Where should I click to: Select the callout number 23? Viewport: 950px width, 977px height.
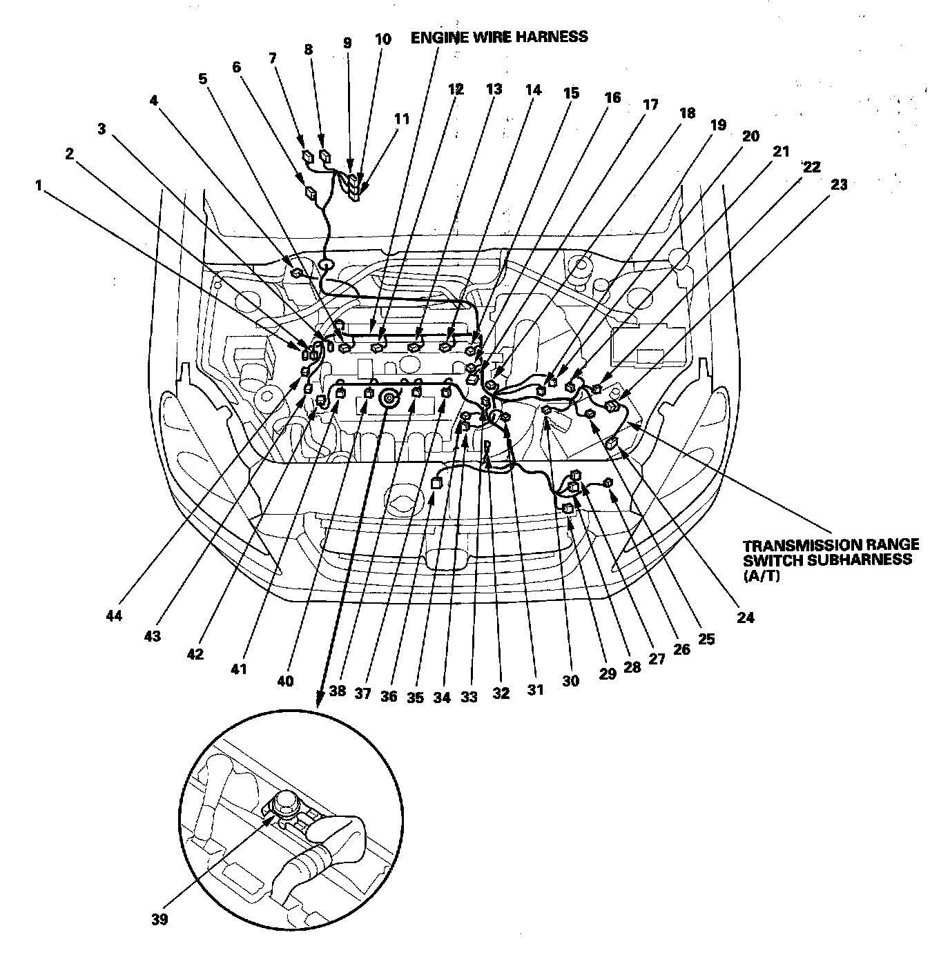tap(839, 184)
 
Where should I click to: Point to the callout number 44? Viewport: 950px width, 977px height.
tap(115, 615)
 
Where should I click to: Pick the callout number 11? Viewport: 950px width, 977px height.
tap(401, 119)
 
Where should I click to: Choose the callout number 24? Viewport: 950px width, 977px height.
tap(745, 618)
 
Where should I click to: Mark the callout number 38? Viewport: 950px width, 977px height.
tap(337, 691)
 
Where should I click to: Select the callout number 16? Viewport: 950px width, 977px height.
tap(612, 97)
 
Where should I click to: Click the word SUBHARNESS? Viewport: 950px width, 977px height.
tap(862, 560)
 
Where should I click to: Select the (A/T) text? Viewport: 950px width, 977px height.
tap(761, 575)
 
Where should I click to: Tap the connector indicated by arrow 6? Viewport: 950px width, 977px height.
tap(311, 193)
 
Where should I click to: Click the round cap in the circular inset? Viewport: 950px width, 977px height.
tap(284, 802)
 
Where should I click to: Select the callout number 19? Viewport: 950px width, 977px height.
tap(717, 125)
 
